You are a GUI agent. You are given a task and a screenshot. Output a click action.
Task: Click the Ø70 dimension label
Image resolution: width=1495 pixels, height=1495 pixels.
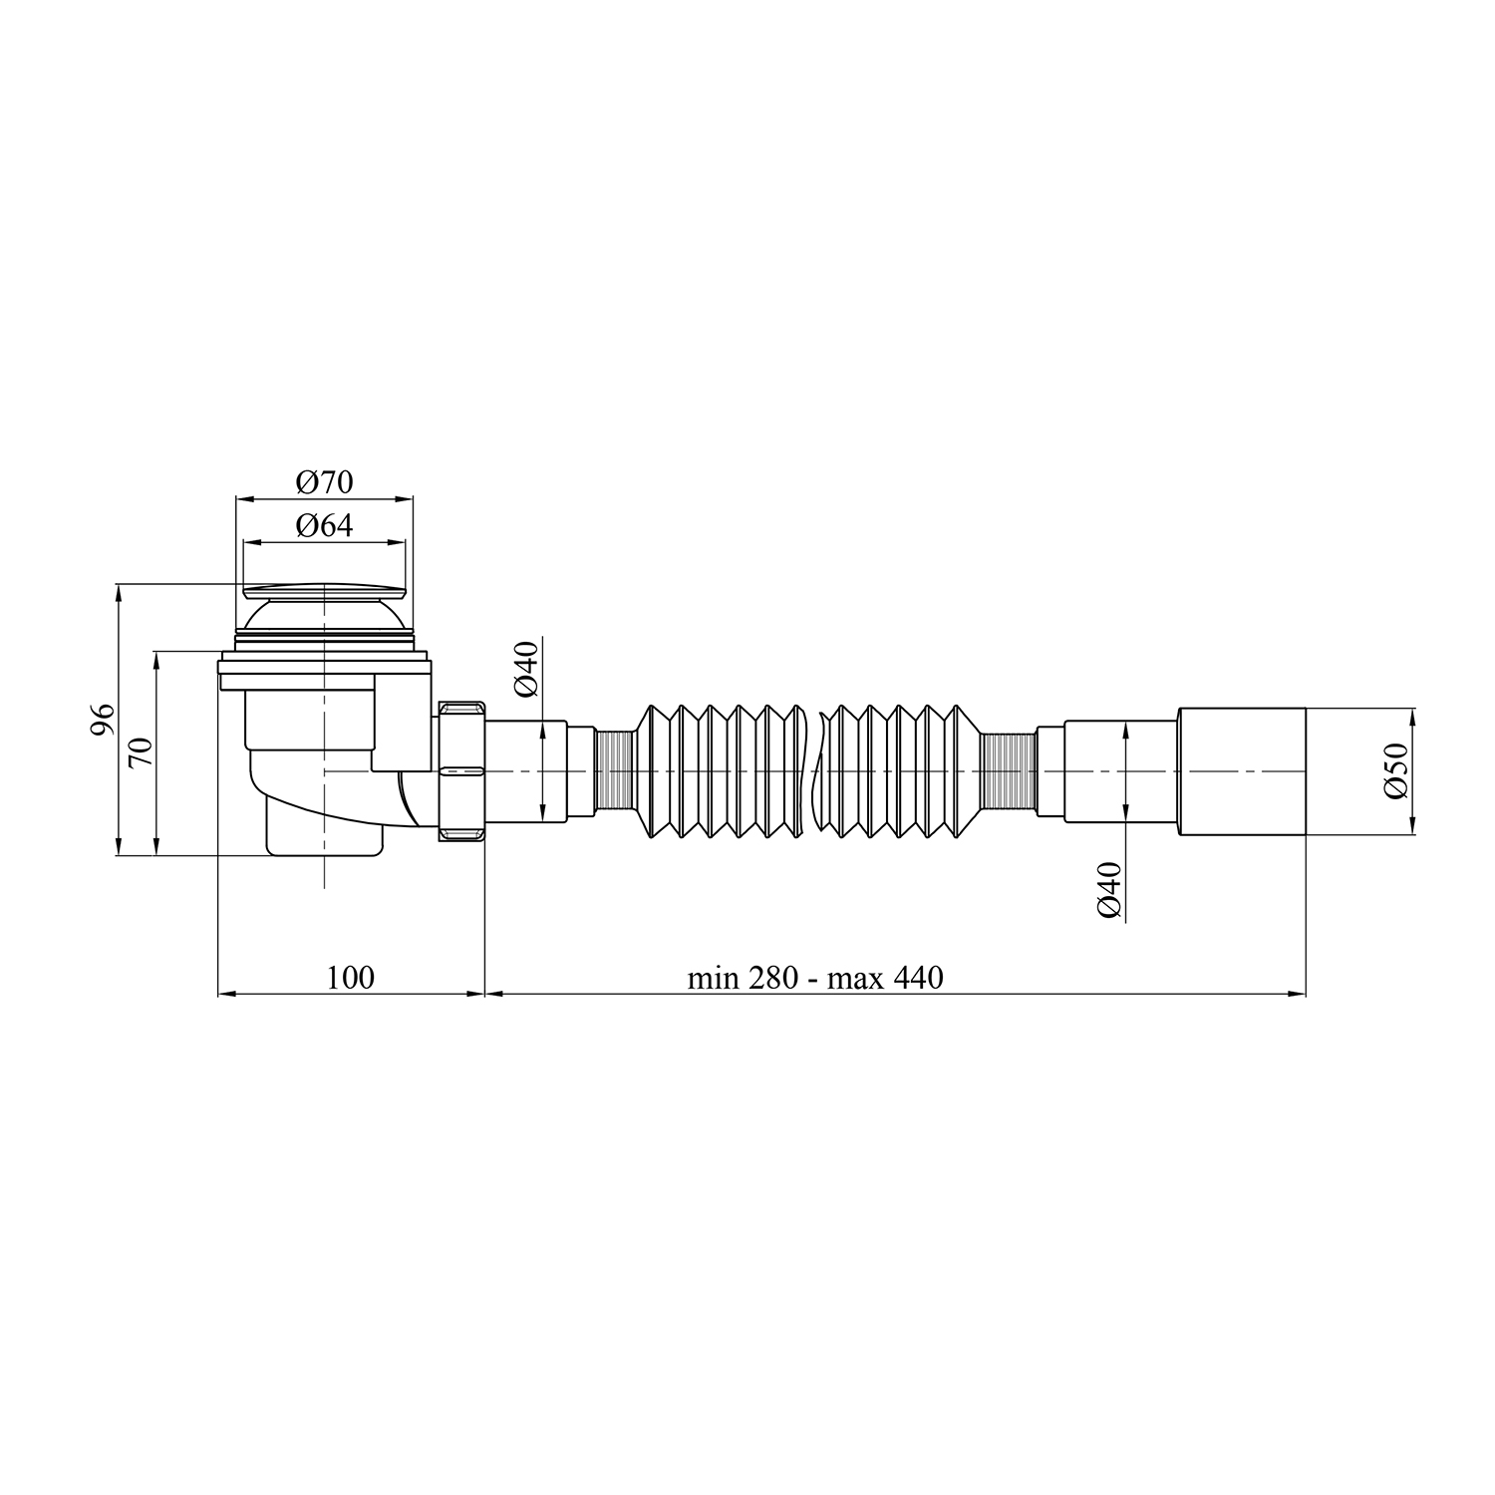[x=325, y=482]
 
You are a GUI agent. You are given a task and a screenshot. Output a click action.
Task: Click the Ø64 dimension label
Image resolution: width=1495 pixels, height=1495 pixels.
[x=325, y=525]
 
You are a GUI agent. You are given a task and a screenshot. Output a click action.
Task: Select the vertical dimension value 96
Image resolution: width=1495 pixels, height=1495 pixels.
[x=103, y=720]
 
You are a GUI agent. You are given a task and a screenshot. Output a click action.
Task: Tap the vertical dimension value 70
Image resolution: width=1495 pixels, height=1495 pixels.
[x=142, y=750]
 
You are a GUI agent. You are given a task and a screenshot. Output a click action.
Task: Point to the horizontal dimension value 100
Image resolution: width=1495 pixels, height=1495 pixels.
[x=351, y=977]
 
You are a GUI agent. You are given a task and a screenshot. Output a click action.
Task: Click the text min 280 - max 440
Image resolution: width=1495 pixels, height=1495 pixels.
[x=815, y=978]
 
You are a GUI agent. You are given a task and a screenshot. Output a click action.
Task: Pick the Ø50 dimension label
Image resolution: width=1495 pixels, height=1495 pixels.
[x=1395, y=770]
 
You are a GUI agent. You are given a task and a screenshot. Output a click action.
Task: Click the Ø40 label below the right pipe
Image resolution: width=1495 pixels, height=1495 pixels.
[x=1110, y=889]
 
